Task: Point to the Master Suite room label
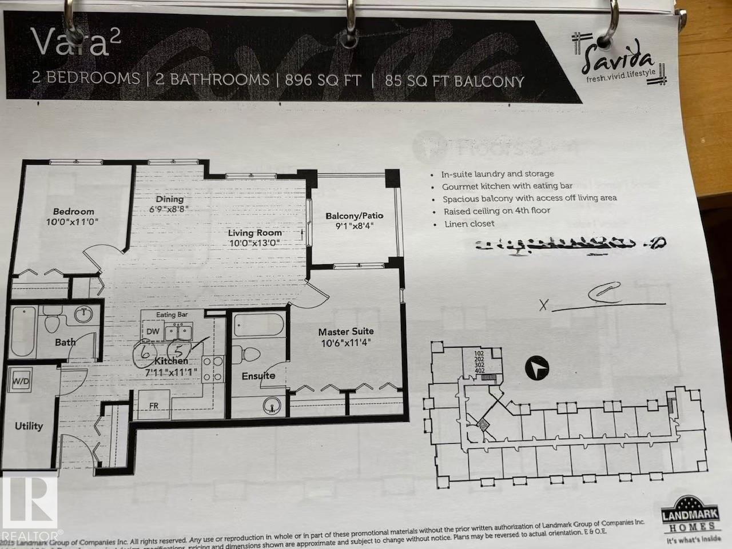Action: (346, 332)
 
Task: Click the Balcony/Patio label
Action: (355, 216)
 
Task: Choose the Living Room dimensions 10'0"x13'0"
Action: (254, 243)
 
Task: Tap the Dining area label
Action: (170, 199)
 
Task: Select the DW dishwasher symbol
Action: (153, 331)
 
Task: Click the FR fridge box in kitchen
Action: (154, 406)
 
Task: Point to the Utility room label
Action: (29, 425)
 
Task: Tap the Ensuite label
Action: (258, 376)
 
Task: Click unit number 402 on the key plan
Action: (479, 371)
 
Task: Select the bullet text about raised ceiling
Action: (496, 211)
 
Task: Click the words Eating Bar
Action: (172, 315)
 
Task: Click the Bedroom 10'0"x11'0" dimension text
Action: (74, 221)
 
